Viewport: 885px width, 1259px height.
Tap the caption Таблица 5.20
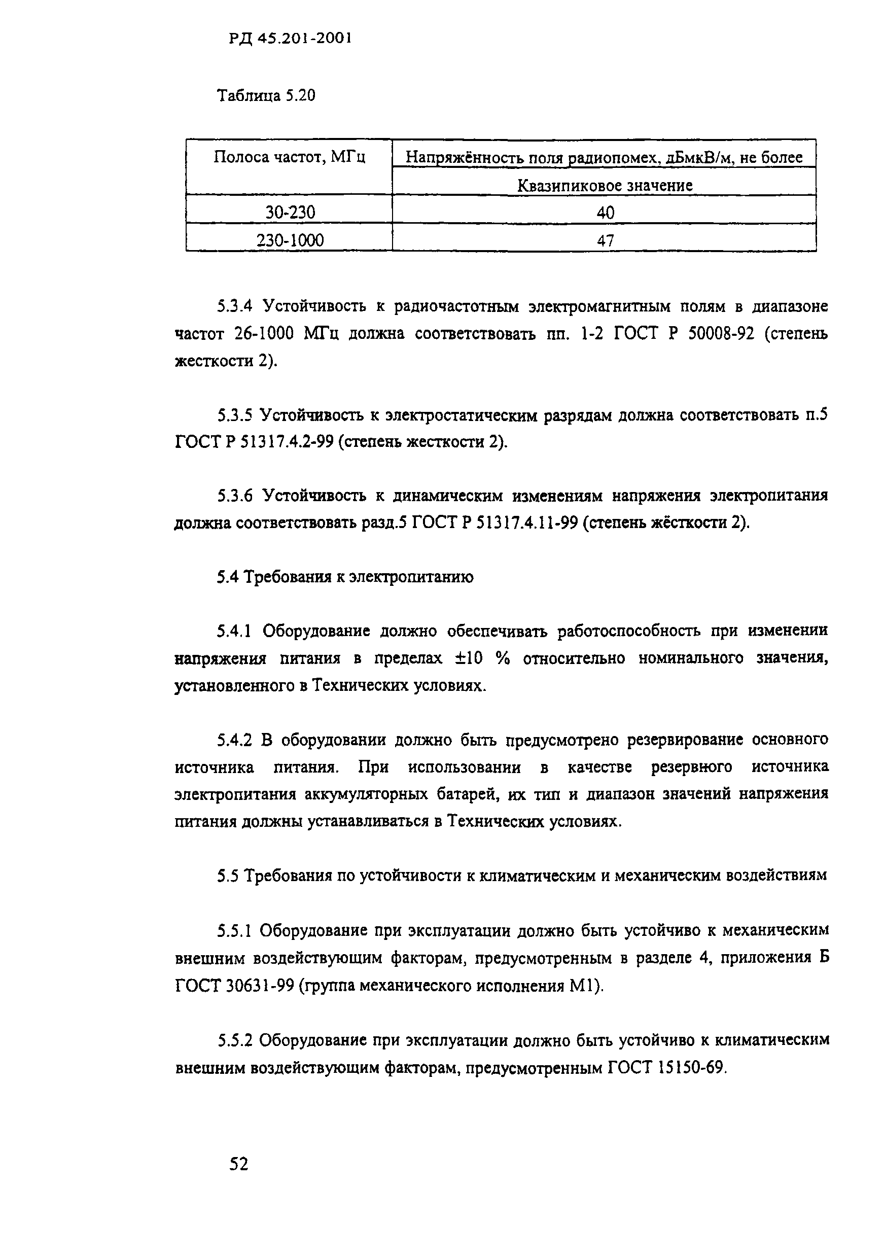[x=266, y=96]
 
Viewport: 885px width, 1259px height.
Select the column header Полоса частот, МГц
[x=289, y=157]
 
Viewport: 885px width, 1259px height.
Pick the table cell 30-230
[x=290, y=212]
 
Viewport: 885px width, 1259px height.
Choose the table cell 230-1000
[x=290, y=240]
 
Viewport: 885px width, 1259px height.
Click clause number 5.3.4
[x=234, y=306]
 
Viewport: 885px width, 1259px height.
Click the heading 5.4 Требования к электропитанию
[x=345, y=577]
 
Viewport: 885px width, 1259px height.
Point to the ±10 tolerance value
[x=469, y=658]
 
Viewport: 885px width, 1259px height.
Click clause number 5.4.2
[x=234, y=740]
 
